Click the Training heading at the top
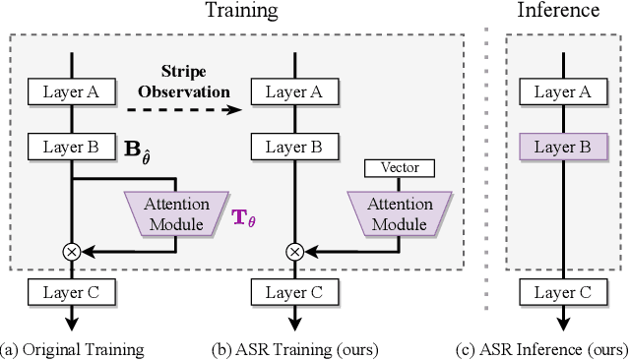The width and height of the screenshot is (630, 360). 241,12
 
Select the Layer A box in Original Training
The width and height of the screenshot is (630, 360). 72,92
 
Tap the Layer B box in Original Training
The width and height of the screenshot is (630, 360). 72,148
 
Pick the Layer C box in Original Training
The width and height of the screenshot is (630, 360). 72,292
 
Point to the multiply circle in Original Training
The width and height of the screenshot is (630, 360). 72,252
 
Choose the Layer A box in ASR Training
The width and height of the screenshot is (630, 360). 294,92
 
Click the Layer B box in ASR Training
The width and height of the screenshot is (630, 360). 294,148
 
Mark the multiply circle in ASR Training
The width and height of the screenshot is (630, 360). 294,252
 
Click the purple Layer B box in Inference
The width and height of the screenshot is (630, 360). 561,148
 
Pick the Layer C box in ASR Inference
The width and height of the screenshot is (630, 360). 561,292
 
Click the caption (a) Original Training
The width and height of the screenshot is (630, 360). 73,349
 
